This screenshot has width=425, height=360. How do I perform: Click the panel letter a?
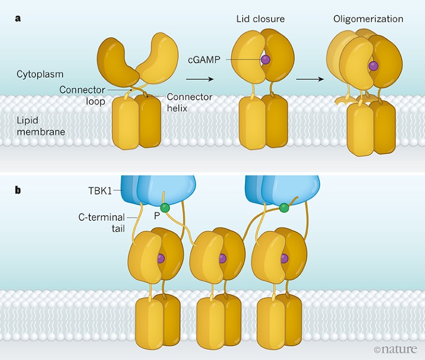[18, 18]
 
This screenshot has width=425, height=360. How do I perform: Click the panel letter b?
[18, 190]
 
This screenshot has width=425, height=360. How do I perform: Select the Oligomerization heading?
[368, 19]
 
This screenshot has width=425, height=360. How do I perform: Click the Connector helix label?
[190, 103]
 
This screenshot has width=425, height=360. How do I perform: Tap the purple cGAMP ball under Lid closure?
[265, 59]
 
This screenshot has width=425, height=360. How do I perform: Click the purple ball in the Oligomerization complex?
[373, 66]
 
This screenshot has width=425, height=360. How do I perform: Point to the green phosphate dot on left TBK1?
[165, 206]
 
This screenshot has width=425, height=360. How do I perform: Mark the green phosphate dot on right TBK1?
[284, 207]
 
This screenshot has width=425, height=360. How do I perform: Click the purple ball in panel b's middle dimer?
[222, 258]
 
